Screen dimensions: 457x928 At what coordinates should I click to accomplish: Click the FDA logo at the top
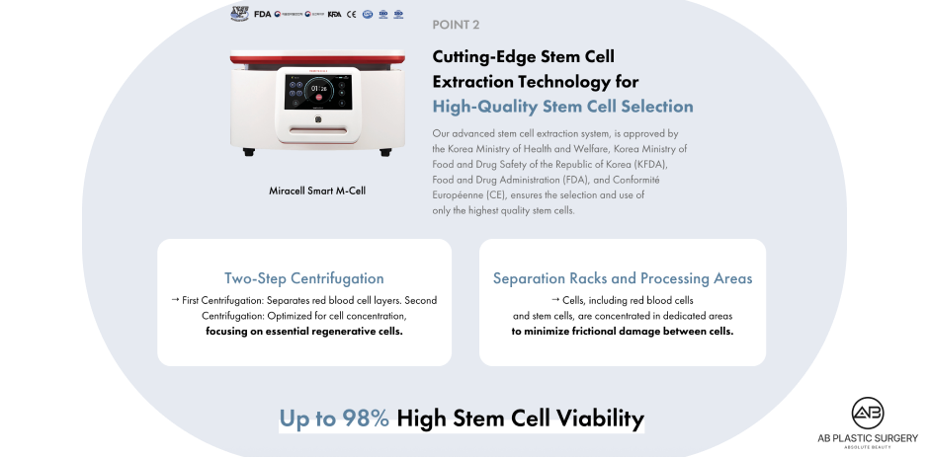262,14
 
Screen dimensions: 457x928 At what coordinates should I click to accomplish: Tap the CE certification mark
351,14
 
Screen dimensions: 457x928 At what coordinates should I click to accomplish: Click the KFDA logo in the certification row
334,14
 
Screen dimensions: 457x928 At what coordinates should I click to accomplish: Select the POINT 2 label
457,24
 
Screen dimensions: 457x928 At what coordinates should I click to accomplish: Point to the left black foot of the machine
247,151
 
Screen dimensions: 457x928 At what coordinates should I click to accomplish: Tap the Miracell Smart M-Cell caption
317,190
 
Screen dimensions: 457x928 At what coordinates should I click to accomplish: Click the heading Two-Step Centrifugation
303,278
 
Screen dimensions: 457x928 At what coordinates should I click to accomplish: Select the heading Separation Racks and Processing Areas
623,278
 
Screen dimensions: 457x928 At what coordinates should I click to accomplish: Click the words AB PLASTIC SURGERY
869,438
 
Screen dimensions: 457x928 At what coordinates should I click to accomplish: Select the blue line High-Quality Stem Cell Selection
562,107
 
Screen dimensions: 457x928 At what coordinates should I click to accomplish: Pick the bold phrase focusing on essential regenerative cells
304,332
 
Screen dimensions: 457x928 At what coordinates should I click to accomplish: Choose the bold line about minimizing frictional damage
623,332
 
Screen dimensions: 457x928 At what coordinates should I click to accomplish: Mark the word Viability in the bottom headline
595,419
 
